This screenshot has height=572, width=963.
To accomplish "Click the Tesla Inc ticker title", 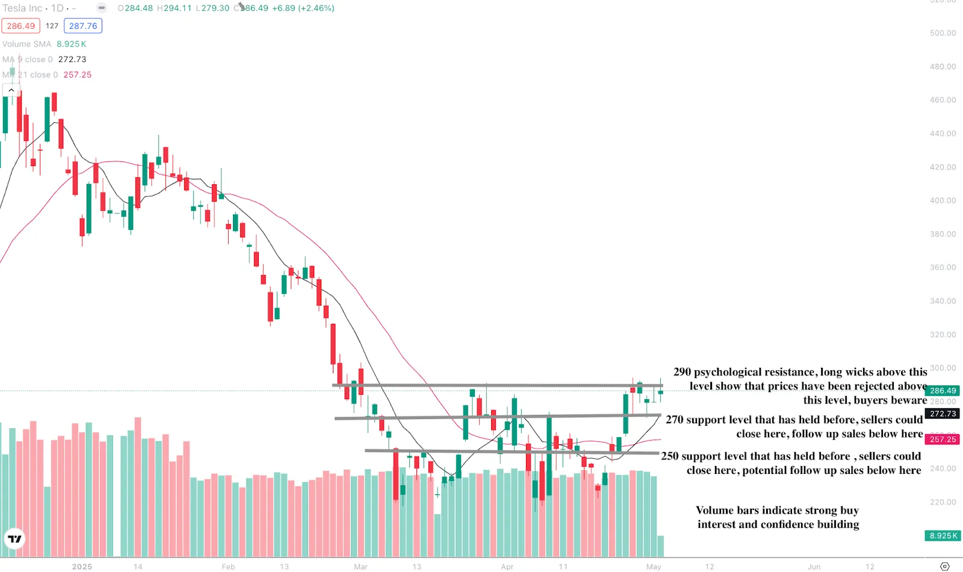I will tap(22, 8).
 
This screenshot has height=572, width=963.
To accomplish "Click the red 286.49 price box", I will tap(21, 26).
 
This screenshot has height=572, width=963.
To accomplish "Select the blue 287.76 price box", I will tap(83, 26).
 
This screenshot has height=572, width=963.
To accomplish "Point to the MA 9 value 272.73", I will tap(72, 60).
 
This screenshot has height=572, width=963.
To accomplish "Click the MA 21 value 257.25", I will tap(78, 75).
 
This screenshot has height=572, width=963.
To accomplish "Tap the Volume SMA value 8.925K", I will tap(71, 44).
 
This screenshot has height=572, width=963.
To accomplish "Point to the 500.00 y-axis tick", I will tap(943, 33).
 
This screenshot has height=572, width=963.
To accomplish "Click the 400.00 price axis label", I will tap(943, 201).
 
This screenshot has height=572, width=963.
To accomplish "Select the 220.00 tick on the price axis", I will tap(943, 502).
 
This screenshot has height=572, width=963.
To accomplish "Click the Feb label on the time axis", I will tap(228, 567).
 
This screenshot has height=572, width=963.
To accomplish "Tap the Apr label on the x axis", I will tap(507, 567).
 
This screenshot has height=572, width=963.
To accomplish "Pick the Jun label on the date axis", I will tap(814, 567).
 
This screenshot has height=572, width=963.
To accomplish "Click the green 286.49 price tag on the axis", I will tap(943, 391).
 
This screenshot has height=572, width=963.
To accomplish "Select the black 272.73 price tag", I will tap(943, 414).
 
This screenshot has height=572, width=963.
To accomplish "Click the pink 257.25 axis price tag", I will tap(943, 440).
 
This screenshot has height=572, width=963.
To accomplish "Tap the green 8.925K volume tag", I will tap(943, 536).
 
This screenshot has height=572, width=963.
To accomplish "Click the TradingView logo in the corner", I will tap(14, 539).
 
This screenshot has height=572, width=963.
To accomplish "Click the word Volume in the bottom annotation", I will tap(714, 511).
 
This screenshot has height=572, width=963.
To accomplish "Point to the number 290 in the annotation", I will tap(682, 372).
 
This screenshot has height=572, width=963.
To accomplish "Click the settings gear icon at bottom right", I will tap(945, 567).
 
